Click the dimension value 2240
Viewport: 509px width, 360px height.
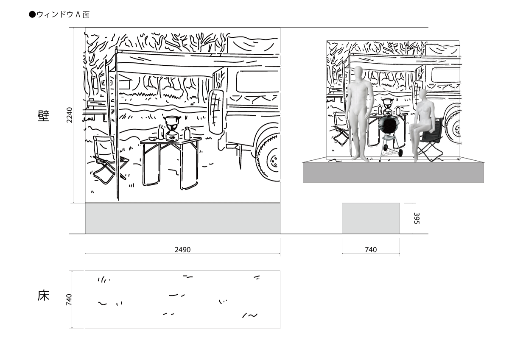pyautogui.click(x=69, y=115)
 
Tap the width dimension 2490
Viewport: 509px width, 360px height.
pyautogui.click(x=182, y=250)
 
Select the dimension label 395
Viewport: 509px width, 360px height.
pyautogui.click(x=417, y=218)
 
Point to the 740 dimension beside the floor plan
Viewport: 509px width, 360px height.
pyautogui.click(x=69, y=300)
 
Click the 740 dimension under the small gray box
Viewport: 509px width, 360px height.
pyautogui.click(x=371, y=250)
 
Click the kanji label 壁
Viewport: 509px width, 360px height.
pyautogui.click(x=43, y=116)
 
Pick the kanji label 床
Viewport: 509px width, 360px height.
pyautogui.click(x=43, y=296)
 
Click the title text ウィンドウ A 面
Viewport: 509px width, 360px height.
pyautogui.click(x=63, y=14)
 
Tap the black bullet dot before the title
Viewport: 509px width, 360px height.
pyautogui.click(x=32, y=14)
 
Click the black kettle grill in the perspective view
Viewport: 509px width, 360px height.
pyautogui.click(x=389, y=125)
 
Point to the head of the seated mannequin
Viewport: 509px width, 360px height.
pyautogui.click(x=422, y=95)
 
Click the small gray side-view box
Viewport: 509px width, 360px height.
pyautogui.click(x=371, y=218)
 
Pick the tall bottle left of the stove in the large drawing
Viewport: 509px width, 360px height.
pyautogui.click(x=161, y=132)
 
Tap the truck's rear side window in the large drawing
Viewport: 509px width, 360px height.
pyautogui.click(x=257, y=82)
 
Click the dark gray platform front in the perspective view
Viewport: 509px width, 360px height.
pyautogui.click(x=393, y=173)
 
